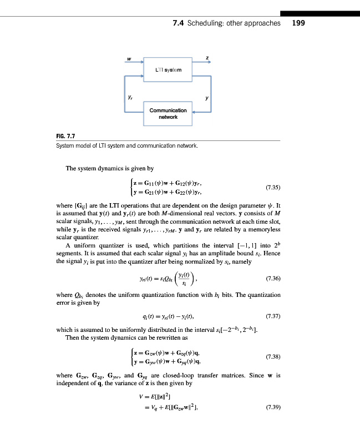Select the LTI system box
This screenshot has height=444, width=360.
click(x=168, y=69)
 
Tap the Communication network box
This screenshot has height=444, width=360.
click(x=168, y=113)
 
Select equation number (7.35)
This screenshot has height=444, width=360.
click(x=273, y=187)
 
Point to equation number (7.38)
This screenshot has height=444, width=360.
click(x=273, y=356)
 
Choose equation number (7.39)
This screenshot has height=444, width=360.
click(x=273, y=408)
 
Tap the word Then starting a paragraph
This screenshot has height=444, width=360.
click(x=73, y=337)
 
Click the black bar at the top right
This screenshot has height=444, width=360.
click(x=320, y=13)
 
